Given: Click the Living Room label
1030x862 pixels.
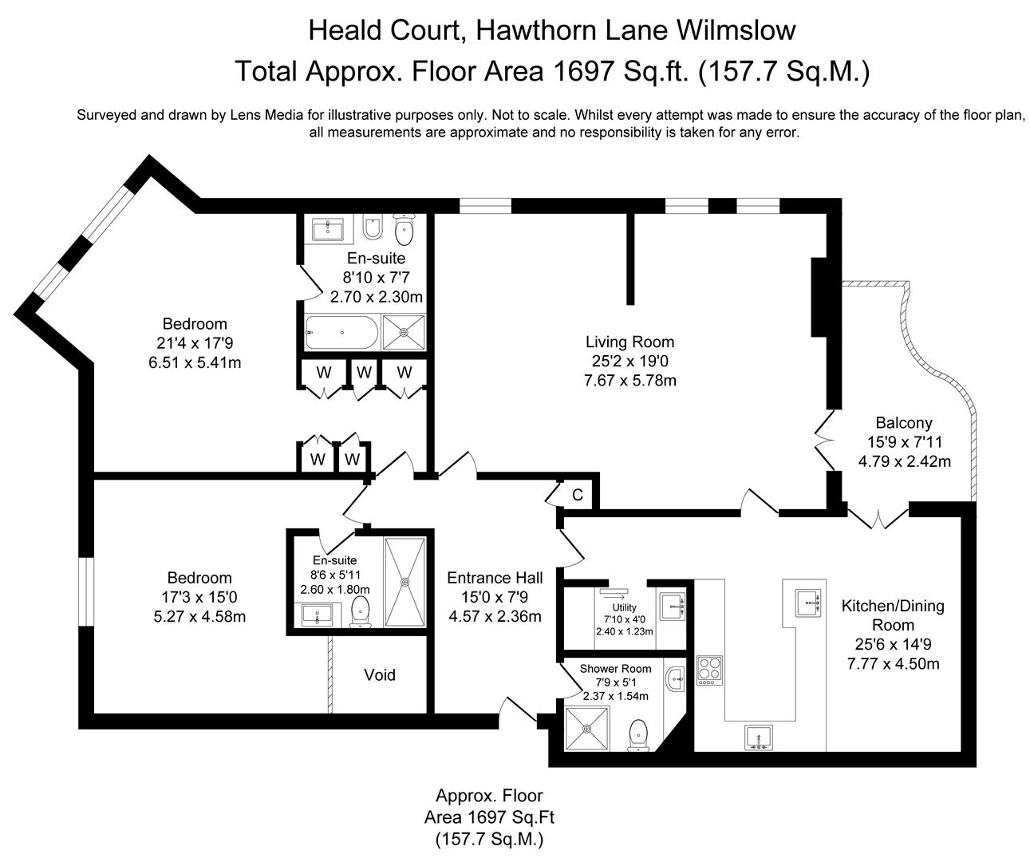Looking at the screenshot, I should [x=629, y=342].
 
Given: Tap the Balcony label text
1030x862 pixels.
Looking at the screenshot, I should [x=903, y=423].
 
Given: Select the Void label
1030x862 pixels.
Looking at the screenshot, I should [x=380, y=675].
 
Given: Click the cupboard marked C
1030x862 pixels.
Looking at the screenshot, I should [x=578, y=495].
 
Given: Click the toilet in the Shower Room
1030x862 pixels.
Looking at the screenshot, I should [x=638, y=735].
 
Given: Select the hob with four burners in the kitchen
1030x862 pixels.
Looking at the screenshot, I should [x=708, y=670].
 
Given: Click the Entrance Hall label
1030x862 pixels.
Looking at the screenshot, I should [x=495, y=578].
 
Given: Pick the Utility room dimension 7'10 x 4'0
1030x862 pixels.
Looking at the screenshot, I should [x=624, y=619].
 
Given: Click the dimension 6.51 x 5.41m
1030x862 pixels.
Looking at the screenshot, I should [x=195, y=362].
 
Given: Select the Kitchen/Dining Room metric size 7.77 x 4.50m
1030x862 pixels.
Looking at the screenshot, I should [x=893, y=663].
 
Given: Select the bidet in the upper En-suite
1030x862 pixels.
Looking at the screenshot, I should [x=372, y=231].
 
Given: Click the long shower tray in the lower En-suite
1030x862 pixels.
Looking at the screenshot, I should [x=406, y=582].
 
